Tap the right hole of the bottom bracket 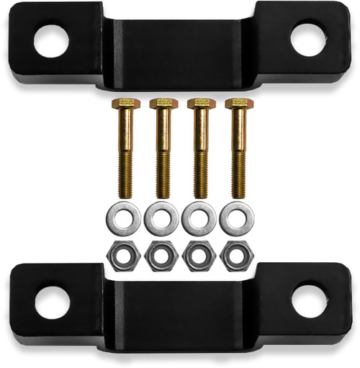click(309, 300)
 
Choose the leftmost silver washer click(124, 218)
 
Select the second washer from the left click(161, 218)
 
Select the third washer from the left click(199, 218)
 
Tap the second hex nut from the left click(161, 255)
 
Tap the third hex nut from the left click(199, 255)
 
